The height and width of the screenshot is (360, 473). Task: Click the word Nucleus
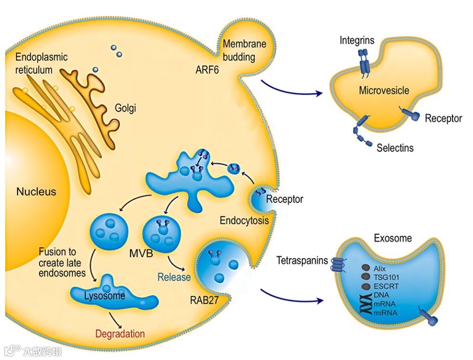point(36,192)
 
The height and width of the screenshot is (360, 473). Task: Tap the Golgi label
point(125,108)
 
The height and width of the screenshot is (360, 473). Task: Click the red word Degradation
point(120,333)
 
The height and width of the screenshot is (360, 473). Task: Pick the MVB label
point(141,253)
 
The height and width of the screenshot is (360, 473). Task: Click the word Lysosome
point(104,296)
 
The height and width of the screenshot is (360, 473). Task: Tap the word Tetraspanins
point(302,260)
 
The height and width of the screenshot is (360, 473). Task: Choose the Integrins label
point(357,40)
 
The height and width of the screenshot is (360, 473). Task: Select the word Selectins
point(395,148)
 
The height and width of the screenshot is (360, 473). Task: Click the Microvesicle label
point(384,90)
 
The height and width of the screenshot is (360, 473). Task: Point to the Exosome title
point(393,238)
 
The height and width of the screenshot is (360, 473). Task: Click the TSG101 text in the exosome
point(386,277)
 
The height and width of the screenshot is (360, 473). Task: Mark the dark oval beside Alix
point(365,268)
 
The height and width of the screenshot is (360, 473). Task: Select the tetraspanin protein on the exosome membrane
point(338,266)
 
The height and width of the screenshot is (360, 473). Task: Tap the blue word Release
point(174,277)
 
